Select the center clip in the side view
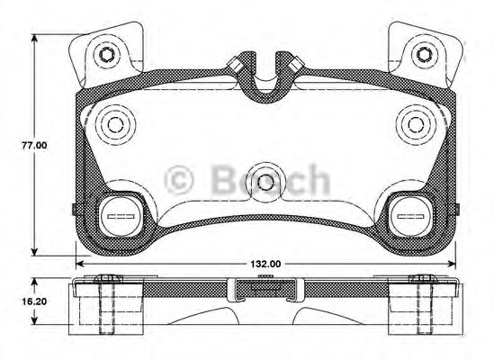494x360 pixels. (265, 290)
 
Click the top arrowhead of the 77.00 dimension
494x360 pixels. (36, 39)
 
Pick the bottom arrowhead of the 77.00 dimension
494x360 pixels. (36, 251)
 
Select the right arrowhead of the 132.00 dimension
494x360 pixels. (452, 264)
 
